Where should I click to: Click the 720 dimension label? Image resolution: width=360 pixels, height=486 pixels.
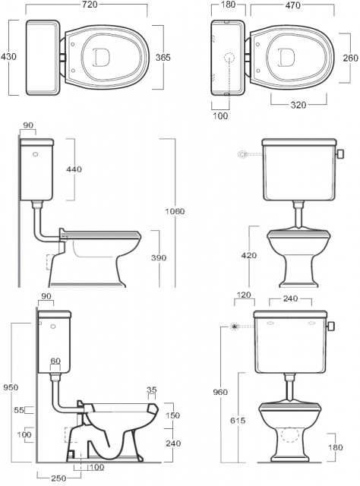point(90,5)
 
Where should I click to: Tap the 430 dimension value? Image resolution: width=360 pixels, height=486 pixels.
point(8,57)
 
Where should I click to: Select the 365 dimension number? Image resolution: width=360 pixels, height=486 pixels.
point(163,58)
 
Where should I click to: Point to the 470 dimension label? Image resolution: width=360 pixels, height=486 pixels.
point(292,5)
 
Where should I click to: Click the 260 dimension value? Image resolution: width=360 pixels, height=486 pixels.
point(350,58)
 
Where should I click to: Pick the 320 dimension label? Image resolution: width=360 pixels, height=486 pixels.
point(298,105)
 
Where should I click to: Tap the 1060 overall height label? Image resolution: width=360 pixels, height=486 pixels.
point(175,211)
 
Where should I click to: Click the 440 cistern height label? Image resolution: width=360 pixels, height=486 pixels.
point(74,169)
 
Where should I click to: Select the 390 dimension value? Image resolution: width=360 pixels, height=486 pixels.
point(159,257)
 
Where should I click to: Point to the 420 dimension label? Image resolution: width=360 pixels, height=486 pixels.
point(249,255)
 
